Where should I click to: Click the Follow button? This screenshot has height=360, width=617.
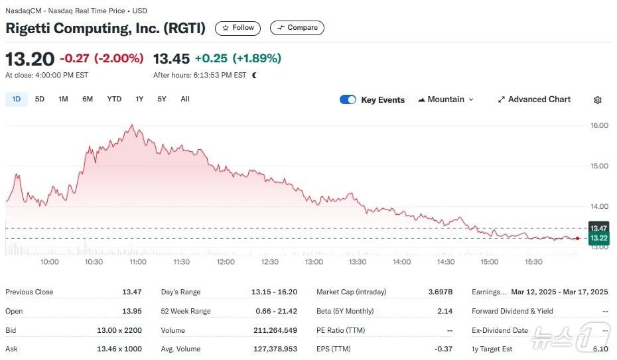click(x=238, y=28)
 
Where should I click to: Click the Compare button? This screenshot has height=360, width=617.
click(x=297, y=28)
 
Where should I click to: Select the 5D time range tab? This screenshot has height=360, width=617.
click(x=40, y=99)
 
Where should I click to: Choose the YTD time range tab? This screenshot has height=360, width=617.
click(x=114, y=99)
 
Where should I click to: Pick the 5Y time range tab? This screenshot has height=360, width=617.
click(x=162, y=99)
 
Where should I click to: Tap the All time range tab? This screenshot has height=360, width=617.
click(x=185, y=99)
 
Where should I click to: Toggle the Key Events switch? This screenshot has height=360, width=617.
click(x=348, y=99)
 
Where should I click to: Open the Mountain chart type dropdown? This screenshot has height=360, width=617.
click(x=446, y=99)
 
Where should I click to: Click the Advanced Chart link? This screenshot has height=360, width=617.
click(x=534, y=99)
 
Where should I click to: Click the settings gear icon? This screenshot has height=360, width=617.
click(x=598, y=100)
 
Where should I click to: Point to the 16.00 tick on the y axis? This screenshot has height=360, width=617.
click(x=599, y=125)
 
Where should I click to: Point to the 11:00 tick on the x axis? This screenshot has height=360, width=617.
click(x=137, y=262)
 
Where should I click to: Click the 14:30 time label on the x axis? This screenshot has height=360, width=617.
click(x=445, y=262)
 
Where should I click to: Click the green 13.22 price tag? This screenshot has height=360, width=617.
click(x=599, y=238)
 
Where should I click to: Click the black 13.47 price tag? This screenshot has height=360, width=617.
click(x=599, y=228)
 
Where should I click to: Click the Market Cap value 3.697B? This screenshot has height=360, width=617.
click(x=441, y=292)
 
